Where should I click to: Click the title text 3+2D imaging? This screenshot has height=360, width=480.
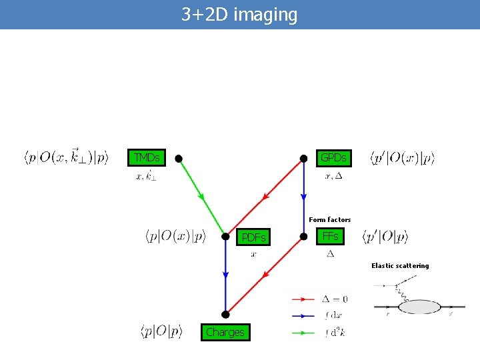[239, 15]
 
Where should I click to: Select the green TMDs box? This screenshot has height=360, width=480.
[147, 158]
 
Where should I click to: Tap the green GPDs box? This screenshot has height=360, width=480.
[333, 158]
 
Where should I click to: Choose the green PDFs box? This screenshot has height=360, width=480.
[253, 237]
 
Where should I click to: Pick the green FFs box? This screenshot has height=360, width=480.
[330, 236]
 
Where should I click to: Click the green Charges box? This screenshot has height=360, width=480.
[225, 332]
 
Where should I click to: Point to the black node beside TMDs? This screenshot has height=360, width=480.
[179, 159]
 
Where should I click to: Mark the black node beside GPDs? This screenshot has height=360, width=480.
[303, 159]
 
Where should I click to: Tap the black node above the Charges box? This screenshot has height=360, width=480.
[225, 314]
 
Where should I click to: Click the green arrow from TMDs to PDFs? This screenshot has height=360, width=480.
[201, 197]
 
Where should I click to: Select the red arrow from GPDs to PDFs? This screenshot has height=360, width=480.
[265, 197]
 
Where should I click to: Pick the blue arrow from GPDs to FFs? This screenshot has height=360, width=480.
[303, 197]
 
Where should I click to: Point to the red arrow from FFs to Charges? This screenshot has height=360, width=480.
[265, 274]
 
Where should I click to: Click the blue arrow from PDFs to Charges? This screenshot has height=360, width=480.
[225, 275]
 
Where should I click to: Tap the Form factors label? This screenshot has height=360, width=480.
[329, 219]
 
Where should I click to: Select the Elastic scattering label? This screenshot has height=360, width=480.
[400, 265]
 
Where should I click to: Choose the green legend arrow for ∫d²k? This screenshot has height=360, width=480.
[303, 331]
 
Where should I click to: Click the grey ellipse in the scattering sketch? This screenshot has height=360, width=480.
[419, 307]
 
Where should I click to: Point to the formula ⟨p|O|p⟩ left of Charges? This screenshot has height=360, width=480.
[161, 331]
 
